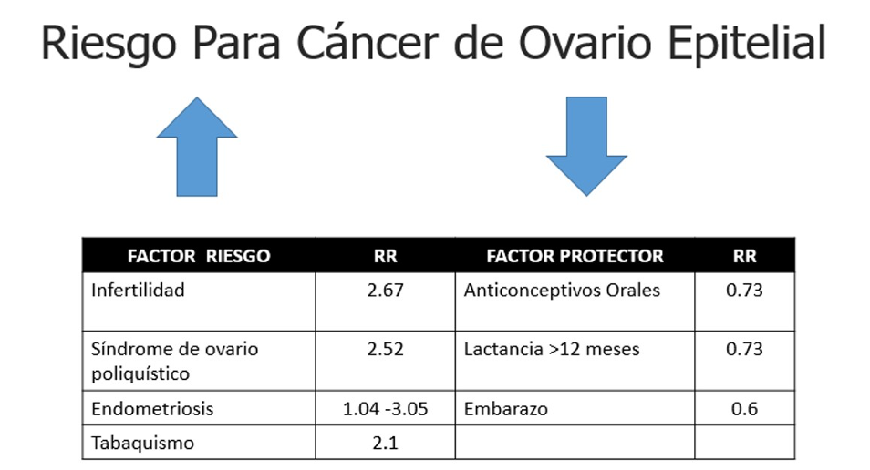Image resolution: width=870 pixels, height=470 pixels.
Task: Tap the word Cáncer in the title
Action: click(368, 43)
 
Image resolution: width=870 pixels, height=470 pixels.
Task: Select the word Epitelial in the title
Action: click(747, 43)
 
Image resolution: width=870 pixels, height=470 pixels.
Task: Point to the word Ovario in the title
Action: click(585, 43)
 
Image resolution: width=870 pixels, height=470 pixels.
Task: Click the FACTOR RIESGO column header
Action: click(199, 256)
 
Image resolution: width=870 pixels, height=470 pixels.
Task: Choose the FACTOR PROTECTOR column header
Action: click(575, 256)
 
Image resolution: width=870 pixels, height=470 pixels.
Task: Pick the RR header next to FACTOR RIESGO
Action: click(385, 256)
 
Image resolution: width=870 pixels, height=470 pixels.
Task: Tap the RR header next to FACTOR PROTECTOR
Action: click(744, 256)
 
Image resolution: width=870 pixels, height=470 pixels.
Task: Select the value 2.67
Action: click(385, 290)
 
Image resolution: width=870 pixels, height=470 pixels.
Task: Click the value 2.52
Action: click(385, 349)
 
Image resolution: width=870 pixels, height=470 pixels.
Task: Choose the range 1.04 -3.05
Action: click(385, 408)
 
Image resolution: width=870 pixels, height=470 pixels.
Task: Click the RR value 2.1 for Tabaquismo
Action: click(385, 443)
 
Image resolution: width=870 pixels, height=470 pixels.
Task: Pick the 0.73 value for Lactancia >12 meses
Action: click(744, 349)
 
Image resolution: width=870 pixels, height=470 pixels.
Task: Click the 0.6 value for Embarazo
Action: click(744, 408)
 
